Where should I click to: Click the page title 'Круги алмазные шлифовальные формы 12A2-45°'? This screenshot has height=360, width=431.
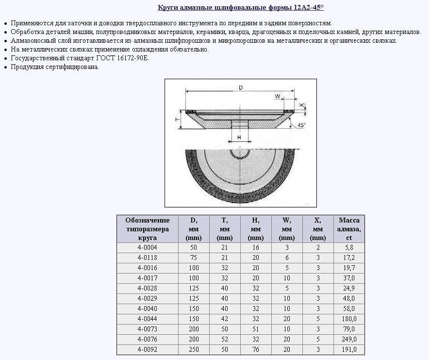[x=241, y=8]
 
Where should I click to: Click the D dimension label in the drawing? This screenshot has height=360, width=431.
[x=241, y=88]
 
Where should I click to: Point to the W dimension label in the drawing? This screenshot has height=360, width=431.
[x=278, y=96]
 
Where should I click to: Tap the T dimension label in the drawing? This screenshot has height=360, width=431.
[x=178, y=119]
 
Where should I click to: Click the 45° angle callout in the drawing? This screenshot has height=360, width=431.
[x=301, y=125]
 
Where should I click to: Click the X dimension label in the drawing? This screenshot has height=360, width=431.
[x=302, y=105]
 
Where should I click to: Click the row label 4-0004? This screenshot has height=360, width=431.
[x=147, y=247]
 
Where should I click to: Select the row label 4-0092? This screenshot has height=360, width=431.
[x=147, y=349]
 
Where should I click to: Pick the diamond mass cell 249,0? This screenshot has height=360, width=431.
[x=349, y=339]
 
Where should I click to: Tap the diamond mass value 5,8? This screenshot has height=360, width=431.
[x=349, y=247]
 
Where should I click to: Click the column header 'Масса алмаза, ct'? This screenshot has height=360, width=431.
[x=349, y=229]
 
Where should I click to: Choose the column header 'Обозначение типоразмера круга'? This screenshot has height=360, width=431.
[x=147, y=229]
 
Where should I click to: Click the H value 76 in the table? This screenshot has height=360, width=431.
[x=256, y=349]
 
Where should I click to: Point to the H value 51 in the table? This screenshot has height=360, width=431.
[x=256, y=329]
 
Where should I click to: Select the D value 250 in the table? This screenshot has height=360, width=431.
[x=194, y=349]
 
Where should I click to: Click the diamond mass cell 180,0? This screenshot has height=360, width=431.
[x=349, y=319]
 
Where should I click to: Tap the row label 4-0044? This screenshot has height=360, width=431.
[x=147, y=319]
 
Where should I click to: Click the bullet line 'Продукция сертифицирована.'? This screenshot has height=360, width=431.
[x=55, y=67]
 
